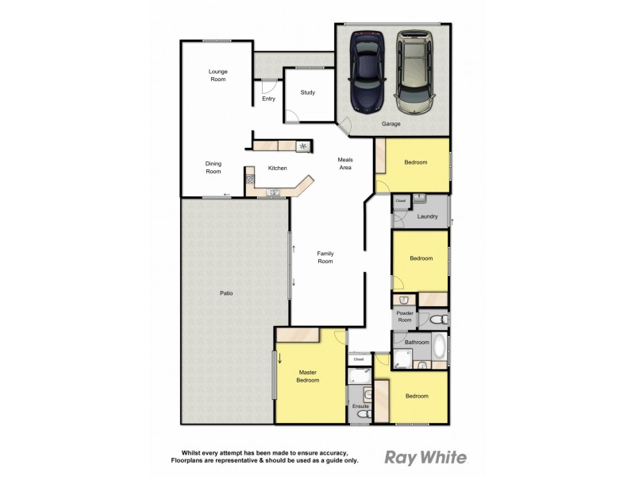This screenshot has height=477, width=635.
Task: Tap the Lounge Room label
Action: point(218,76)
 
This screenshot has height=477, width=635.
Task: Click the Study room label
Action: point(308,93)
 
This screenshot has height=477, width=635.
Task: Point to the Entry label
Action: point(268,99)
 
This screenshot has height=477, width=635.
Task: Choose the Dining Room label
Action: point(214,167)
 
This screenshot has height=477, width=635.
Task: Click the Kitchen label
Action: point(277,169)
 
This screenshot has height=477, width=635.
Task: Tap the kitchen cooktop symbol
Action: point(302,145)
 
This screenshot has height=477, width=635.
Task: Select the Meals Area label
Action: point(345,164)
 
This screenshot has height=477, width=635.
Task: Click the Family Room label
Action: point(325,258)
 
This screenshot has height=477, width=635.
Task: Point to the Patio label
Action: point(226,293)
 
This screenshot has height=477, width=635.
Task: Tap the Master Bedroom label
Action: point(308,376)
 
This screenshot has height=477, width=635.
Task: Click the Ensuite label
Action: point(362,407)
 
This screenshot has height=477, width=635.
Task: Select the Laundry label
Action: point(428,215)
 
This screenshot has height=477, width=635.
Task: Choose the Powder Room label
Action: point(405,316)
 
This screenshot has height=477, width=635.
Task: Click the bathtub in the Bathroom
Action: point(439,348)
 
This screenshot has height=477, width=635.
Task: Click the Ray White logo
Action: point(425,457)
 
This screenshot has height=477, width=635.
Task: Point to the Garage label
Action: point(391,124)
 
